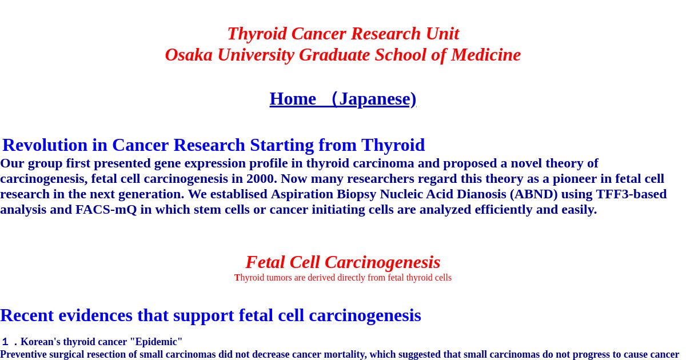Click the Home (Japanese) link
342,99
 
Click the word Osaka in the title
189,55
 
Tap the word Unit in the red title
442,34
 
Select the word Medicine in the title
486,55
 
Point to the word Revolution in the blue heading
45,145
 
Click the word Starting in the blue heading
282,145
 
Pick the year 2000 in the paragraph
260,178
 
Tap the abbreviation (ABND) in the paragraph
534,194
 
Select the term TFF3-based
631,194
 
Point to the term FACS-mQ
106,210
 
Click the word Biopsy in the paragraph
357,194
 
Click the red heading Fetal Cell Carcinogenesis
343,262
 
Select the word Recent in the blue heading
27,315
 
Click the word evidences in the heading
95,315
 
